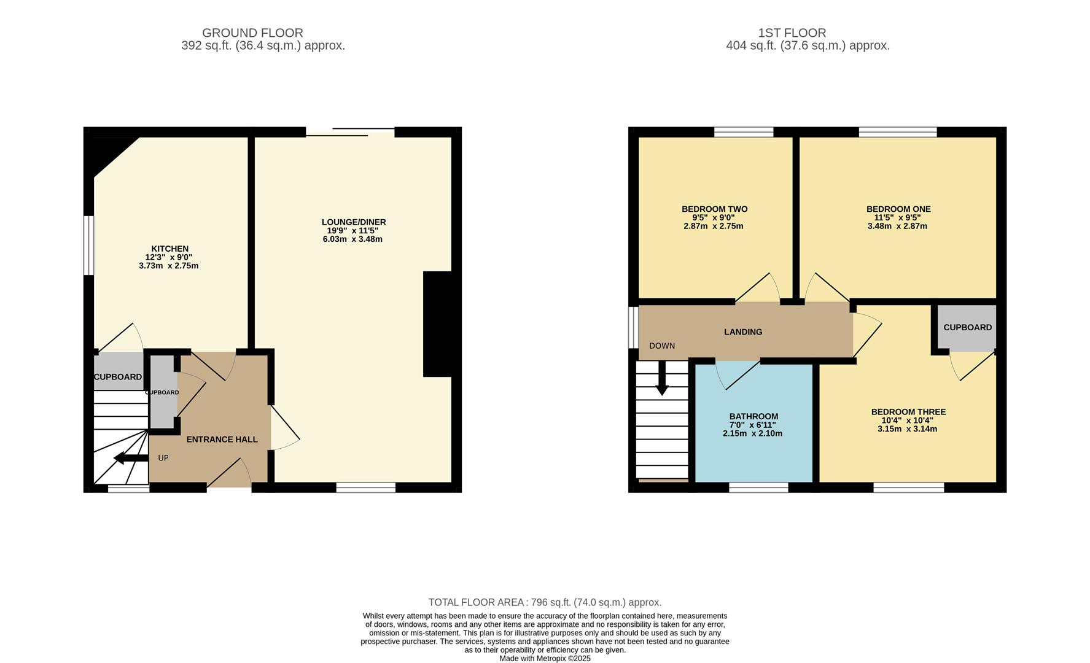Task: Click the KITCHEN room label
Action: coord(169,249)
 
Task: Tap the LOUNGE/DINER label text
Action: coord(354,222)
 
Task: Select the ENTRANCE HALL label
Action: coord(222,440)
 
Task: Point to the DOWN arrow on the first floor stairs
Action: coord(662,378)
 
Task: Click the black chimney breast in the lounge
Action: coord(437,324)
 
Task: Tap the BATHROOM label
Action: coord(753,416)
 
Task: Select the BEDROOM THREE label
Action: coord(908,412)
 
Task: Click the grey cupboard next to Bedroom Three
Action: coord(967,328)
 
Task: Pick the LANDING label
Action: coord(743,332)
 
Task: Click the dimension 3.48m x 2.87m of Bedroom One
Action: coord(897,226)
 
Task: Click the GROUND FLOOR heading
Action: coord(252,33)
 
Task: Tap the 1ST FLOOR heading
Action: coord(792,33)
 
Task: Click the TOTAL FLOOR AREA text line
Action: coord(545,602)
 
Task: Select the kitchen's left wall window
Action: coord(89,246)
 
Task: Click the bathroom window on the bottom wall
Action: coord(758,487)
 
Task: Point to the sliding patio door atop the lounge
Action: coord(350,131)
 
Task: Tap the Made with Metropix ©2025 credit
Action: coord(545,658)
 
